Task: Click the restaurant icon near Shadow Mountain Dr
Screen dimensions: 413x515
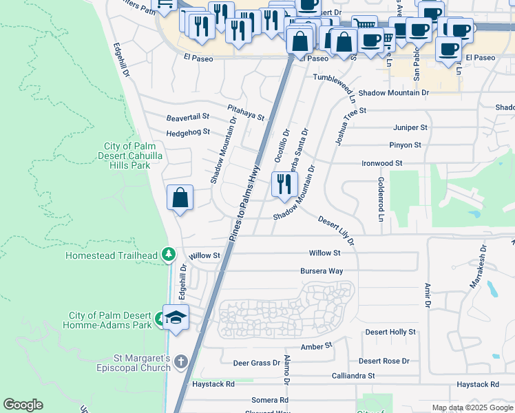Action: click(x=284, y=184)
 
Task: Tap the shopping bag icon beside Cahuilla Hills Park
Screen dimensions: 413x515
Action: click(x=180, y=198)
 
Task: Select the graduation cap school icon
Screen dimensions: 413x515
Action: click(x=176, y=318)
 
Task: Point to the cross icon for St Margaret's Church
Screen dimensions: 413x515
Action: click(x=180, y=361)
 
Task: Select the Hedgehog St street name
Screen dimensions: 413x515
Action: click(x=187, y=132)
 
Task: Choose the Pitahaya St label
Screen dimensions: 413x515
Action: click(x=246, y=112)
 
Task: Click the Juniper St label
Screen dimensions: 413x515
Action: click(x=410, y=128)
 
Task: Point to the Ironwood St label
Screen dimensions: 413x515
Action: click(x=382, y=163)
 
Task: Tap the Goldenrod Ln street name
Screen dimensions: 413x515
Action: click(x=380, y=199)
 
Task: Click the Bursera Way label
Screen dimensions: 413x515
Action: click(x=322, y=271)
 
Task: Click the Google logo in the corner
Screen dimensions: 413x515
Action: click(x=23, y=405)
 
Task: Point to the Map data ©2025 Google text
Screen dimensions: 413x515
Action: click(x=472, y=407)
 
